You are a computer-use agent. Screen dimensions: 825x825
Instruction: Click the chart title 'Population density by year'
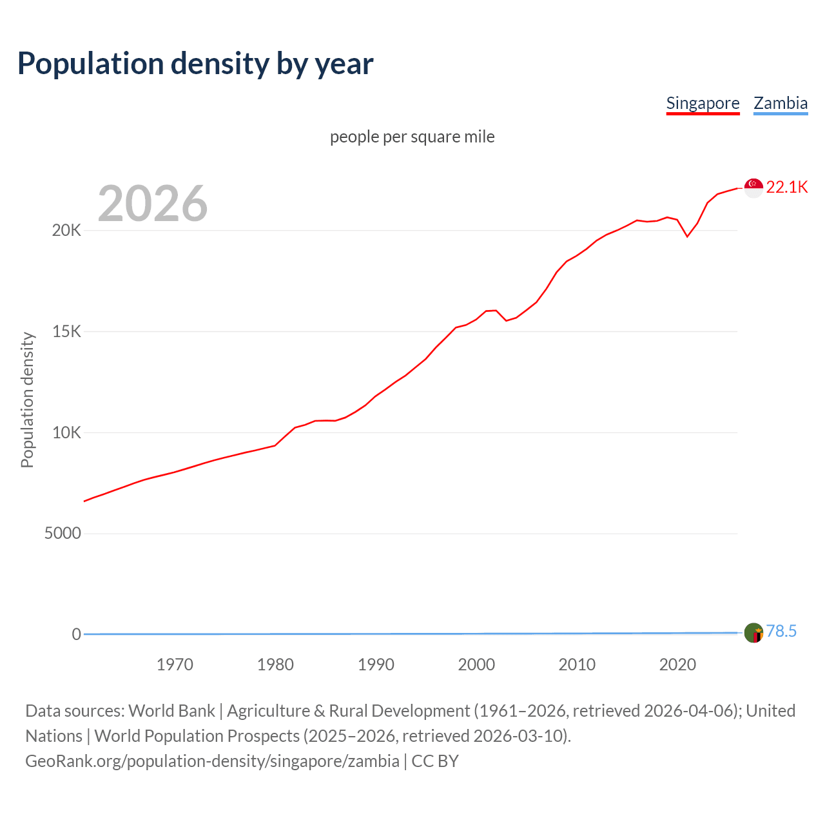(195, 64)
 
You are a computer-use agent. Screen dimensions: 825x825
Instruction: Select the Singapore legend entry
(703, 103)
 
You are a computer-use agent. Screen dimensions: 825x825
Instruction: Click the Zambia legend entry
(781, 103)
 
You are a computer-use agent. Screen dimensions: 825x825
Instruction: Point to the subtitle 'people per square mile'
(412, 137)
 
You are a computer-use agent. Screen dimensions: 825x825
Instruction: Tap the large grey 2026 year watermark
(153, 204)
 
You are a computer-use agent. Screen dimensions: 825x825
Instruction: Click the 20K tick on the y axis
(66, 231)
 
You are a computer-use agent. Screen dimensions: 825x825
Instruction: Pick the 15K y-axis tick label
(66, 332)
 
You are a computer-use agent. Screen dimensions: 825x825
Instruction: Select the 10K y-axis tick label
(66, 432)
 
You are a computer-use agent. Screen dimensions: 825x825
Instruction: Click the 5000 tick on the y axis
(63, 534)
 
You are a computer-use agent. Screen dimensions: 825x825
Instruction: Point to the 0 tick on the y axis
(77, 634)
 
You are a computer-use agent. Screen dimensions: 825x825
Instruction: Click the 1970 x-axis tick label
(175, 665)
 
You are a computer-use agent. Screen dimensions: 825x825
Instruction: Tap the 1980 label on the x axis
(275, 665)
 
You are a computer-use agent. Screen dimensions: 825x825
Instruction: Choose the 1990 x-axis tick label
(376, 665)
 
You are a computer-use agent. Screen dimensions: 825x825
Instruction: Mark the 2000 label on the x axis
(476, 665)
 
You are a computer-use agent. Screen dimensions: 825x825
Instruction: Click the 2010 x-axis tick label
(577, 665)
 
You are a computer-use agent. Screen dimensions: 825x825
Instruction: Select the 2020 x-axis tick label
(677, 665)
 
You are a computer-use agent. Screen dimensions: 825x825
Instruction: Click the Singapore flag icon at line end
(753, 188)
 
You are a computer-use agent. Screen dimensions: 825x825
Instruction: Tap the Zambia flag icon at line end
(753, 633)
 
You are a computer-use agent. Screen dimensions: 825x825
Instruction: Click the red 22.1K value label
(787, 188)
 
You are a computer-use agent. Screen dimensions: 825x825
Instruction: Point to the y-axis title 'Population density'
(27, 400)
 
